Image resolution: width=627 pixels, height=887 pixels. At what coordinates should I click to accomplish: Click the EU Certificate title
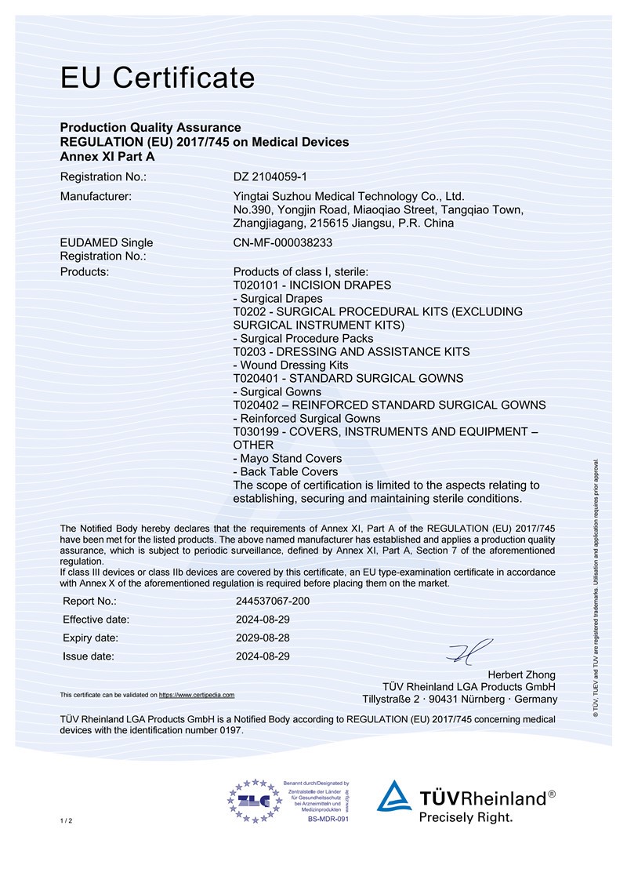[158, 78]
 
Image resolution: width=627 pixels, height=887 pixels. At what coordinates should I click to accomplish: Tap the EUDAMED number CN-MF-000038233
[283, 243]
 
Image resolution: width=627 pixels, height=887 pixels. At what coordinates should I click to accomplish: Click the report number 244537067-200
[273, 601]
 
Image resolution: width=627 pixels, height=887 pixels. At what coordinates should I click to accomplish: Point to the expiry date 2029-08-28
[263, 638]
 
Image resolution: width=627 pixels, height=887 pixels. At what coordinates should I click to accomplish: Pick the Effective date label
[96, 620]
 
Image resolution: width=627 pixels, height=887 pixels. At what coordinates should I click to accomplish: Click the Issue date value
[263, 656]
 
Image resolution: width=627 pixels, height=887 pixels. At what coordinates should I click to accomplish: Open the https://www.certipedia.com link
[197, 695]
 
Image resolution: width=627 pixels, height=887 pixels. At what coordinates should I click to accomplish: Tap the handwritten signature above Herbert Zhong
[469, 651]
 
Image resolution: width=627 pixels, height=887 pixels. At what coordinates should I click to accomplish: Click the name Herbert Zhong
[522, 674]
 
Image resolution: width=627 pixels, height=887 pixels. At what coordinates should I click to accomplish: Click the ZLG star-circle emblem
[254, 801]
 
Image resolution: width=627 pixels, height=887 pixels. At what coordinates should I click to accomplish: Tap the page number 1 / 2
[66, 820]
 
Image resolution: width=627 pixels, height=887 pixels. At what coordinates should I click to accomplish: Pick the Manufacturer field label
[96, 196]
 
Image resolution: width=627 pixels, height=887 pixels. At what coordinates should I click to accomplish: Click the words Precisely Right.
[466, 817]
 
